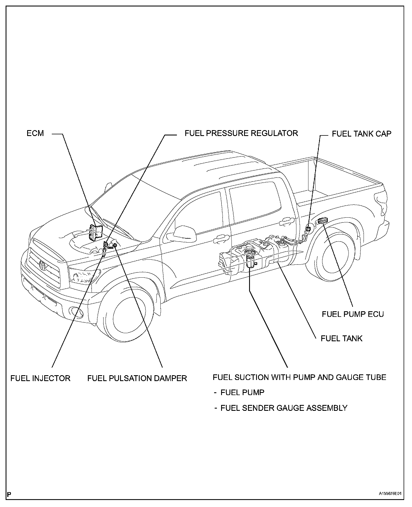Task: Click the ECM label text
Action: (x=35, y=133)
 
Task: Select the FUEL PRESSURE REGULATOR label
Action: (x=241, y=133)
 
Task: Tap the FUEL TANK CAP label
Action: (x=361, y=134)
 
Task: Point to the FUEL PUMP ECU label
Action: (x=353, y=314)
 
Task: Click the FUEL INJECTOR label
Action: (x=40, y=378)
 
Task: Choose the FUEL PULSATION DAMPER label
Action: (x=137, y=378)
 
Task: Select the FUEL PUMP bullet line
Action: (x=242, y=392)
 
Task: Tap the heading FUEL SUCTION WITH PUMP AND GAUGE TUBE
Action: (x=299, y=377)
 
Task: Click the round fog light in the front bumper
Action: (x=75, y=312)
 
